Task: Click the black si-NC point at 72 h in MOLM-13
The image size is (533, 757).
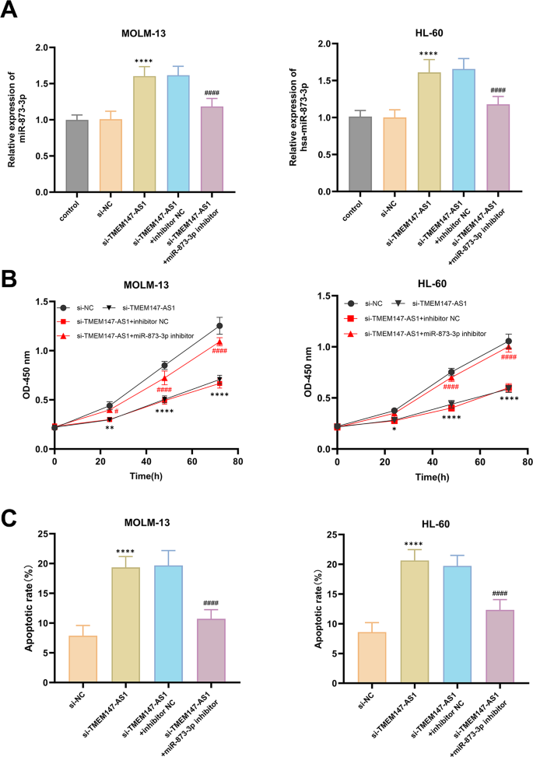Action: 219,326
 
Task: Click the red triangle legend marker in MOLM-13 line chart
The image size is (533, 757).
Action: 65,336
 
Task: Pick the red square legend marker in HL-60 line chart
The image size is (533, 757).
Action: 350,318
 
